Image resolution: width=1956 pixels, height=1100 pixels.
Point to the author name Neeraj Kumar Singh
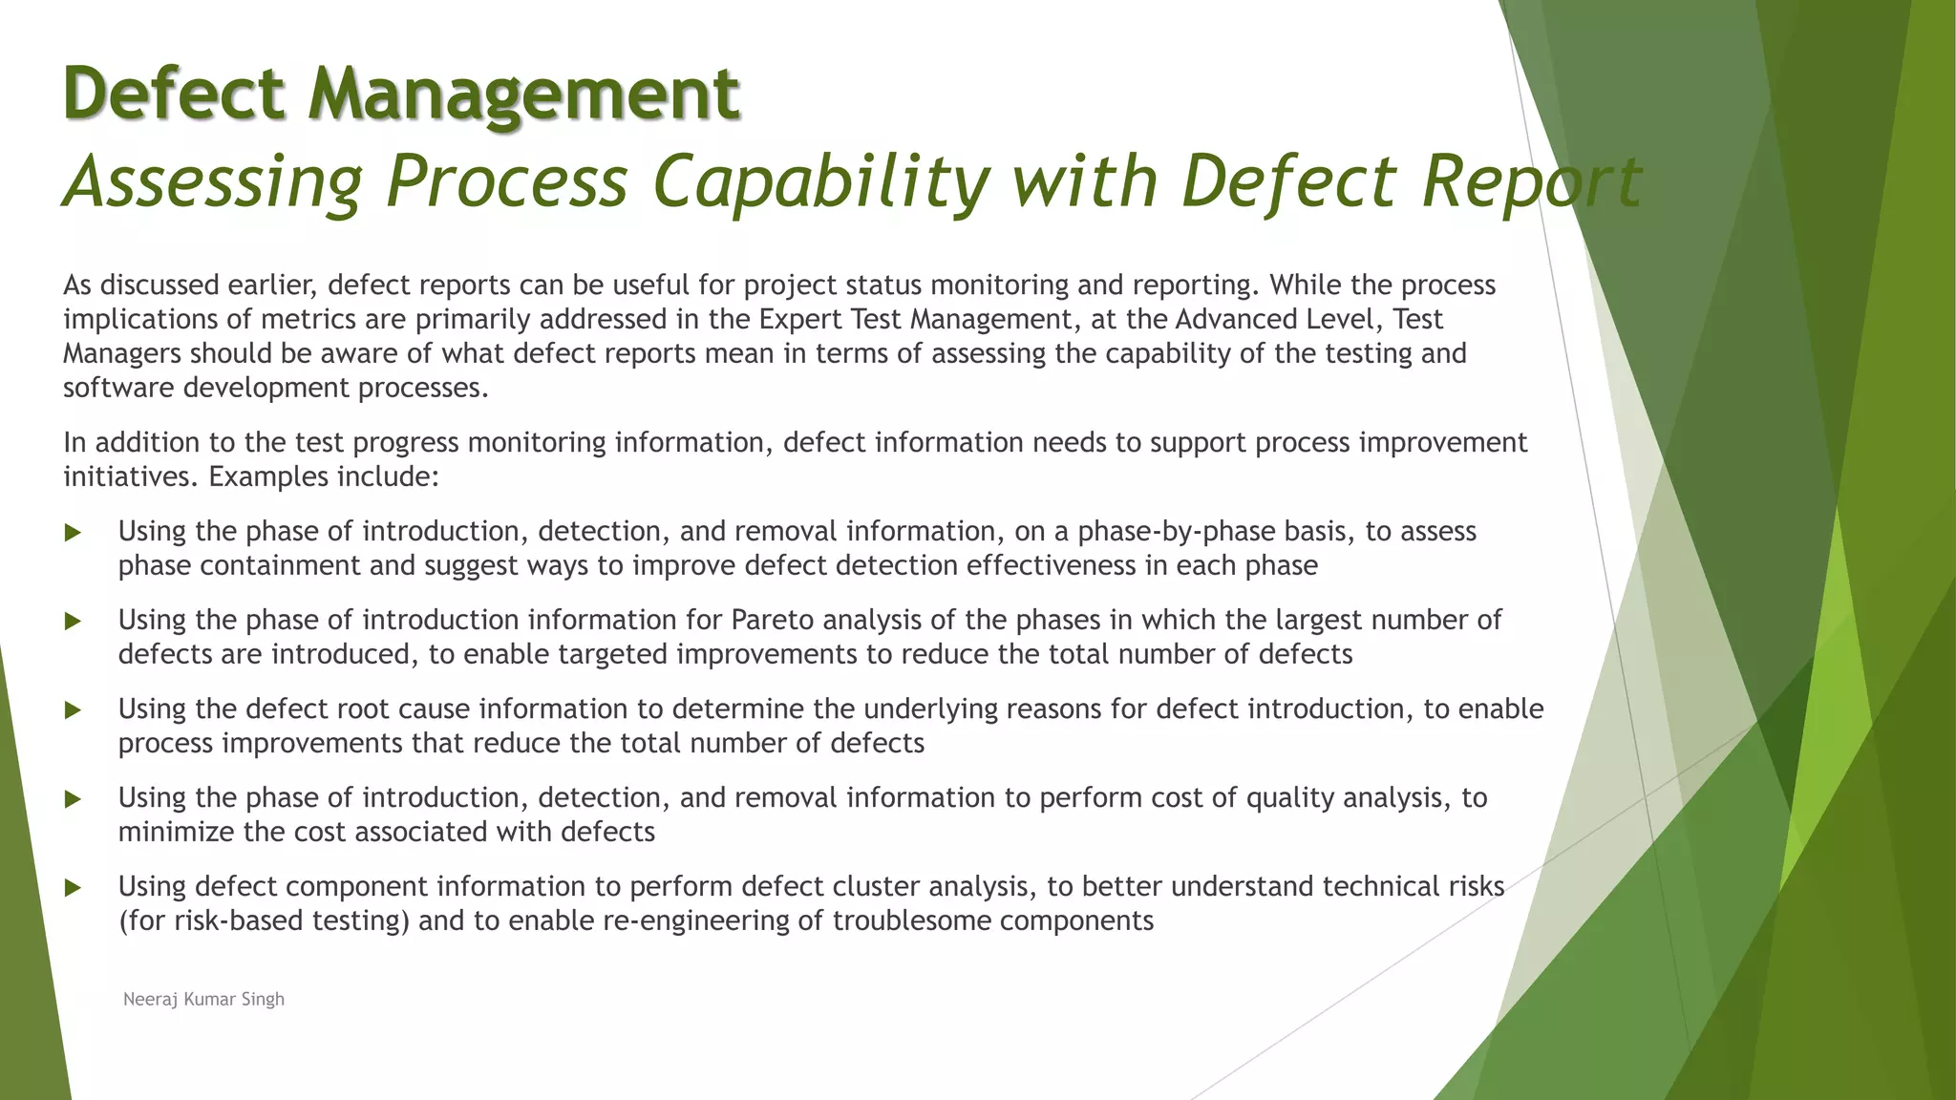[x=203, y=999]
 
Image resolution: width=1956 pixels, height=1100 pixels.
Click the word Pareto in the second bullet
[x=772, y=620]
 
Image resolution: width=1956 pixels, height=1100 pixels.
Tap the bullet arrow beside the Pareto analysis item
[x=73, y=622]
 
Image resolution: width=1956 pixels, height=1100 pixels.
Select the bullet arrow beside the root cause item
[x=73, y=710]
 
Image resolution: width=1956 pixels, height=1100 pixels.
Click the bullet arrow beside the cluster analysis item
[x=73, y=888]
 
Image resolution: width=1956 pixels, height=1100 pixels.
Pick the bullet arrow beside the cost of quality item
[x=73, y=799]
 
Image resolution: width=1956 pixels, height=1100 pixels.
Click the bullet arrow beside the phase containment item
[x=73, y=533]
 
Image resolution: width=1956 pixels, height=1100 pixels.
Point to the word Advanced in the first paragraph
[x=1232, y=319]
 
